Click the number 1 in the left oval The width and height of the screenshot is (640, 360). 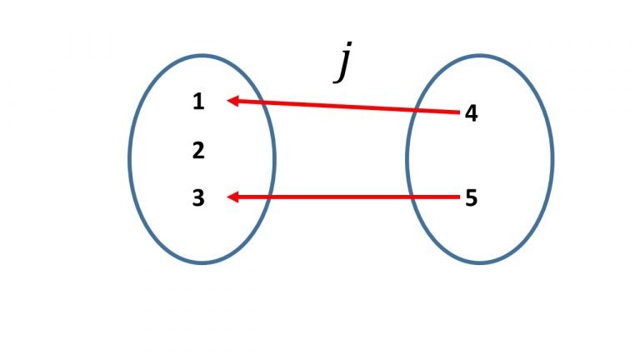197,102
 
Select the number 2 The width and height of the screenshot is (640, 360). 197,151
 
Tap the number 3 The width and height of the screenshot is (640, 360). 197,198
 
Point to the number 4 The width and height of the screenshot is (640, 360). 471,113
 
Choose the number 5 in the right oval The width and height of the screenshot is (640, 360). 471,199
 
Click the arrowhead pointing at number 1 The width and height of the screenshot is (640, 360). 234,101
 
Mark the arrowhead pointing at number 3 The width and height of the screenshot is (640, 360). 234,197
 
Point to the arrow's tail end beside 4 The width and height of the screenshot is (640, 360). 459,111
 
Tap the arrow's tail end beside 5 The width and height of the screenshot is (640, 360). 459,197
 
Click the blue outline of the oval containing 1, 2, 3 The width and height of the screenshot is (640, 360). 129,158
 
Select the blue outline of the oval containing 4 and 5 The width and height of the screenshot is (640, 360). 552,158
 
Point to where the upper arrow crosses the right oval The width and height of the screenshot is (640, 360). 414,109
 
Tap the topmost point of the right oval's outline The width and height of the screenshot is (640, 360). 479,55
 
